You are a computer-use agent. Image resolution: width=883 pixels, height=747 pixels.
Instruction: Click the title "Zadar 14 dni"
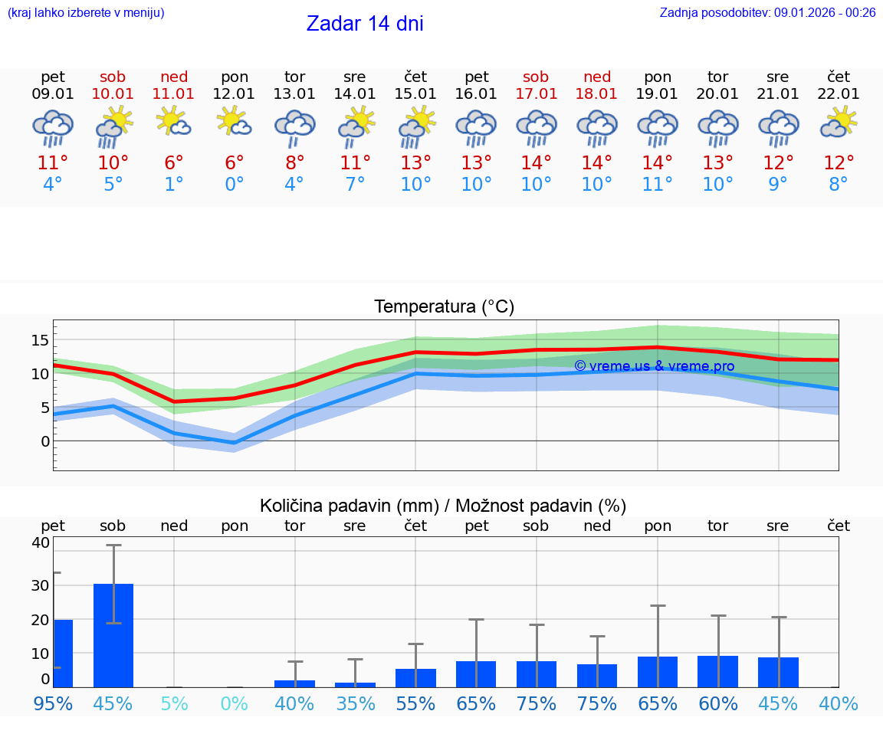(365, 24)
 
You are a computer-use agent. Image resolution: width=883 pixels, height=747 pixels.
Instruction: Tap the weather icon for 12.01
(234, 122)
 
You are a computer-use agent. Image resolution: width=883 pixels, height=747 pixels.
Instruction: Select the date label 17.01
(536, 94)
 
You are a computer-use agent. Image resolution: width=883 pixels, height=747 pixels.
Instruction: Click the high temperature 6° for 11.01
(174, 163)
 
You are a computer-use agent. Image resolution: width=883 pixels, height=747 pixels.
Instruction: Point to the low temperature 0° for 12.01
(234, 185)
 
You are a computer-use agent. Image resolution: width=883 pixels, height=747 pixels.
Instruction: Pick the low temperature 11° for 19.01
(657, 185)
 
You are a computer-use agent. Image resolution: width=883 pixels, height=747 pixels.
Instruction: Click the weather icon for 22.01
(839, 122)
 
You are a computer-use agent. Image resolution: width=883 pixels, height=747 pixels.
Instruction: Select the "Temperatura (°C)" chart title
(444, 307)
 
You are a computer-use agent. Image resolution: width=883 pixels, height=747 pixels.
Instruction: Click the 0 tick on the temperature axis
(45, 441)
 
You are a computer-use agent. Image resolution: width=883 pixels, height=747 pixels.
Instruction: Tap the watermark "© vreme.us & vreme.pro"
(654, 366)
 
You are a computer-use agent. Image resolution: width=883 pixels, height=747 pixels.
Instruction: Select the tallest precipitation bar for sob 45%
(113, 635)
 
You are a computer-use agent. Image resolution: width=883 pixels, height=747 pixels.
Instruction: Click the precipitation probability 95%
(53, 703)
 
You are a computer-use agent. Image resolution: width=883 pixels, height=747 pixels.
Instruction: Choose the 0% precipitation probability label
(234, 703)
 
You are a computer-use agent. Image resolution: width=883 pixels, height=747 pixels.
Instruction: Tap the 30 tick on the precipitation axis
(40, 585)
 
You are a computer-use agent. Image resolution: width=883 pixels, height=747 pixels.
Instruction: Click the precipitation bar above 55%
(415, 678)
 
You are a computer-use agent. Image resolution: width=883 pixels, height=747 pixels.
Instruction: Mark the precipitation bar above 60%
(717, 671)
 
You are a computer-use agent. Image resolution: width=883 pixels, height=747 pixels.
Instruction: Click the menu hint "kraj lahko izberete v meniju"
(85, 12)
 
